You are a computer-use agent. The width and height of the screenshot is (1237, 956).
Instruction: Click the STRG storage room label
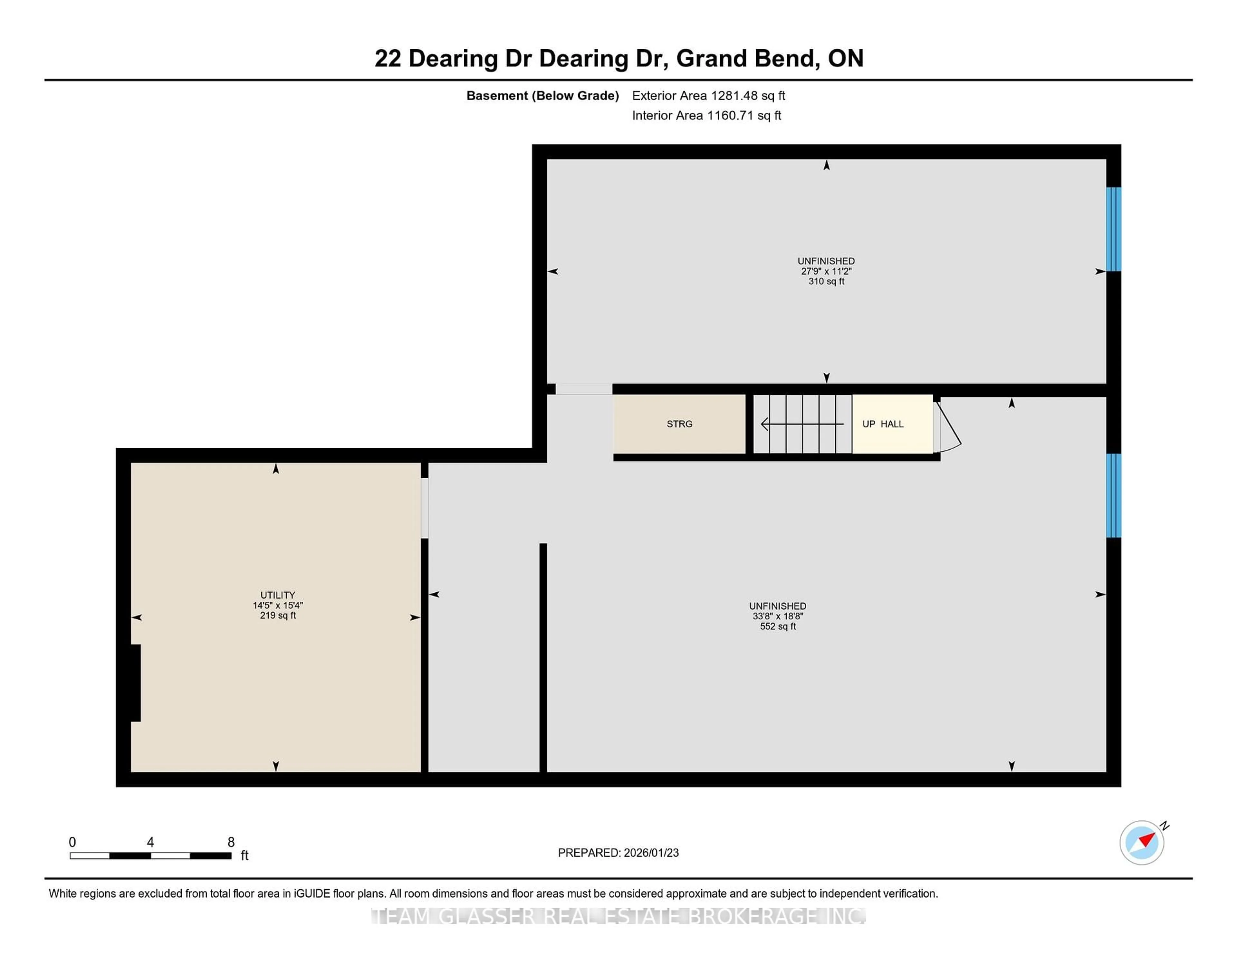(679, 424)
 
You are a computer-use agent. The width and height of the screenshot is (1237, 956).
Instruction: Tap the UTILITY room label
(278, 595)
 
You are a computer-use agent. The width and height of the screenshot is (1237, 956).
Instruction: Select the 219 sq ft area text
(278, 616)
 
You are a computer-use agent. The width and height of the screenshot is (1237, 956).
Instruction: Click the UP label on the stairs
(868, 424)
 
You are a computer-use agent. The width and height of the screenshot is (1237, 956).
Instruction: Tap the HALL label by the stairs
(892, 424)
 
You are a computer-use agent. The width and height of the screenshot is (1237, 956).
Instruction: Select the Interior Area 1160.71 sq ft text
(706, 116)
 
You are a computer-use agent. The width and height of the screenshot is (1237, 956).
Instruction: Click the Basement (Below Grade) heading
(542, 96)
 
